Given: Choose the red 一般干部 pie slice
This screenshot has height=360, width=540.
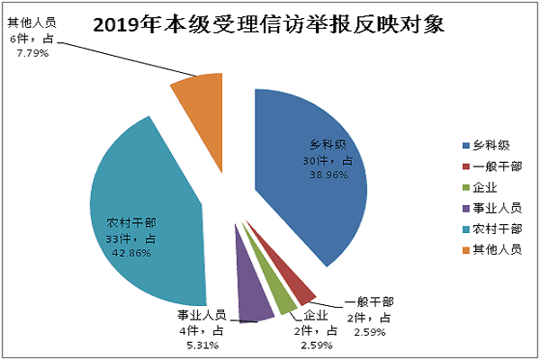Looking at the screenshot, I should coord(301,287).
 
